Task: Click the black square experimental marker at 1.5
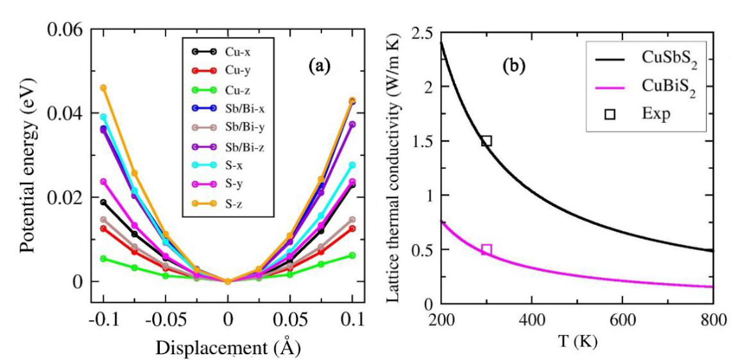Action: click(486, 141)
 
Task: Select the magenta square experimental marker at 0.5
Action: click(486, 249)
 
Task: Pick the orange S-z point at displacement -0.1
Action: click(103, 87)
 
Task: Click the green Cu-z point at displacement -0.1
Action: click(103, 259)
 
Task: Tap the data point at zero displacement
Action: click(227, 281)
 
